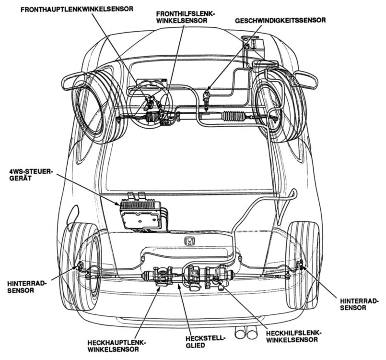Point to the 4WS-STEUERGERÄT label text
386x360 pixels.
click(x=29, y=174)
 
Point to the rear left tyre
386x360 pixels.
click(x=79, y=266)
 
